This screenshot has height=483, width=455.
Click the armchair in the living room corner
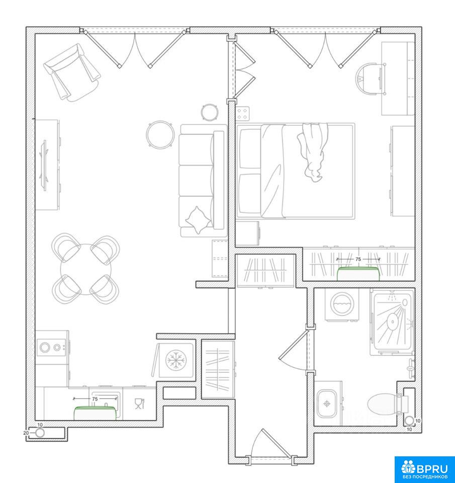click(x=72, y=72)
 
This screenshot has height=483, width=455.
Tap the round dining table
click(x=85, y=269)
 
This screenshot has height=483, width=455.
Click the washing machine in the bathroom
click(x=342, y=304)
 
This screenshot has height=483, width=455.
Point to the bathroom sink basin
click(x=327, y=404)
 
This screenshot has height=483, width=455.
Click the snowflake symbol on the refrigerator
click(x=176, y=360)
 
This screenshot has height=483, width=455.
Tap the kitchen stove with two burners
click(x=51, y=348)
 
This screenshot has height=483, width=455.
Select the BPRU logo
click(x=424, y=469)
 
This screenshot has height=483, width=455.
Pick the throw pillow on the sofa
click(x=198, y=220)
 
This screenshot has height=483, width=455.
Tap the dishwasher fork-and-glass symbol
click(x=139, y=404)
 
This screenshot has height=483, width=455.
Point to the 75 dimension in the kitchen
click(x=95, y=399)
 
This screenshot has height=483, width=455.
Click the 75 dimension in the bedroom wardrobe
click(x=358, y=260)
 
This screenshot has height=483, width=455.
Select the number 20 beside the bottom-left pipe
click(x=26, y=433)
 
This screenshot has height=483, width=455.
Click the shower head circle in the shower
click(x=393, y=322)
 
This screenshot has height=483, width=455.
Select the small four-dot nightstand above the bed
click(x=243, y=114)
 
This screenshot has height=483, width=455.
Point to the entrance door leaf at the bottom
click(x=276, y=444)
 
